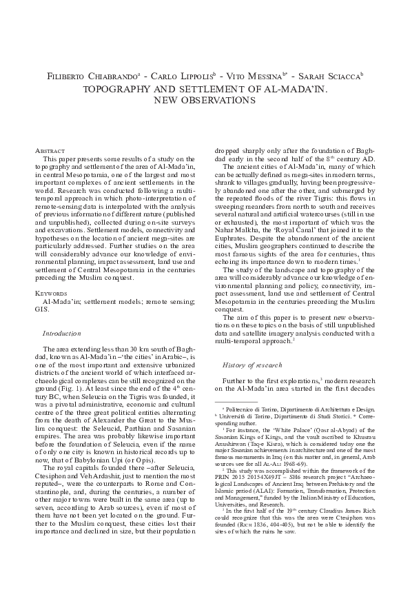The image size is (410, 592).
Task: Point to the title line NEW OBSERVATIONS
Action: [204, 101]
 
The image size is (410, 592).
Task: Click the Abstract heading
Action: [50, 150]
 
